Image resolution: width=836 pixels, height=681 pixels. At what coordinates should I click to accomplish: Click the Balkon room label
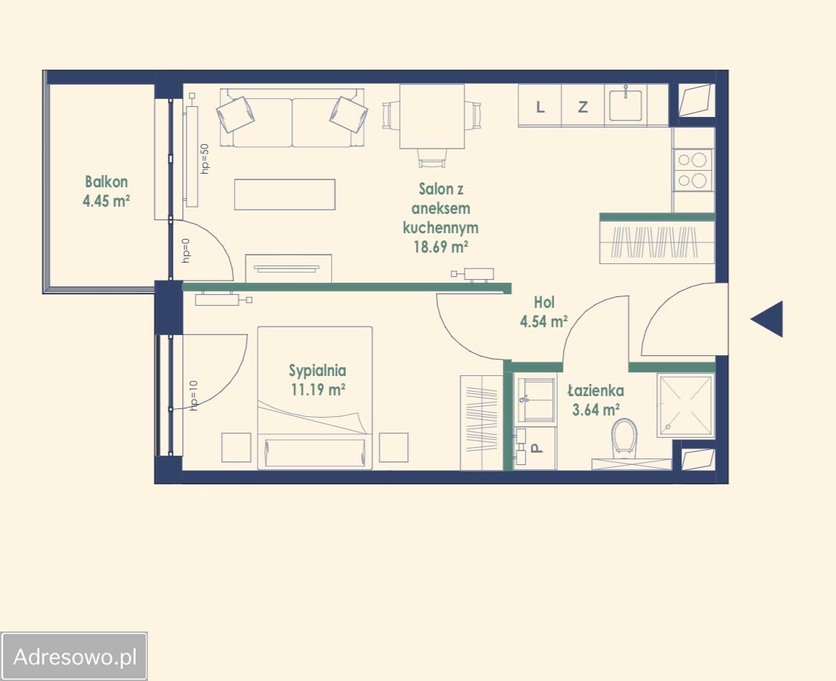coord(106,182)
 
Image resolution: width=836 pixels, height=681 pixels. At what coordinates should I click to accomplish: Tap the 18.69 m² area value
coord(441,247)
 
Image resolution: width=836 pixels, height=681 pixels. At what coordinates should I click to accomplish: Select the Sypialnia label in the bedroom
coord(317,370)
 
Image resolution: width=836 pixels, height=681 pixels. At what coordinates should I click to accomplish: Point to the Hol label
coord(544,303)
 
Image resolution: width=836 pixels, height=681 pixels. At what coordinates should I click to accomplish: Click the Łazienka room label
coord(595,390)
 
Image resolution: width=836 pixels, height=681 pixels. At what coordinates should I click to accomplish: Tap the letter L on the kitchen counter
coord(540,107)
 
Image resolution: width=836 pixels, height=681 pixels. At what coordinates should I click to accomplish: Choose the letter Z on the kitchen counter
coord(582,107)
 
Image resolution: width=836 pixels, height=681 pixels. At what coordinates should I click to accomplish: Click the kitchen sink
coord(626,105)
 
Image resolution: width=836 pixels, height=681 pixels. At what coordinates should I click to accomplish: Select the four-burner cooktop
coord(692,170)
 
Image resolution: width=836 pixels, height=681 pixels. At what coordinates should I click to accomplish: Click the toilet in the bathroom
coord(625,437)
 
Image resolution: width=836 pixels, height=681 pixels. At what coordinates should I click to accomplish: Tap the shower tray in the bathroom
coord(685,406)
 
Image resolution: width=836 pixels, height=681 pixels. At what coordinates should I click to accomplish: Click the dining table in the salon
coord(432,117)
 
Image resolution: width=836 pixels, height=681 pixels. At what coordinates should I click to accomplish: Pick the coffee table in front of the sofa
coord(284,194)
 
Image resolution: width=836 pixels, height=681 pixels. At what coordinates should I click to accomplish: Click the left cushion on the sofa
coord(235,114)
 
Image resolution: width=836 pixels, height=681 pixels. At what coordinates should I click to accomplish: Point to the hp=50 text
coord(205,159)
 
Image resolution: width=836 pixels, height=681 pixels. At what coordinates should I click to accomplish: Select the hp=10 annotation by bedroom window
coord(193,395)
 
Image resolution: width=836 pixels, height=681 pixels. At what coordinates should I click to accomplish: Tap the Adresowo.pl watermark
coord(75,657)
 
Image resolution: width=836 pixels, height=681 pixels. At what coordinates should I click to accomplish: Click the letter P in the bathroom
coord(538,448)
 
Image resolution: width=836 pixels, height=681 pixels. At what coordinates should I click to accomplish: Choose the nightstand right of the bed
coord(394,448)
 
